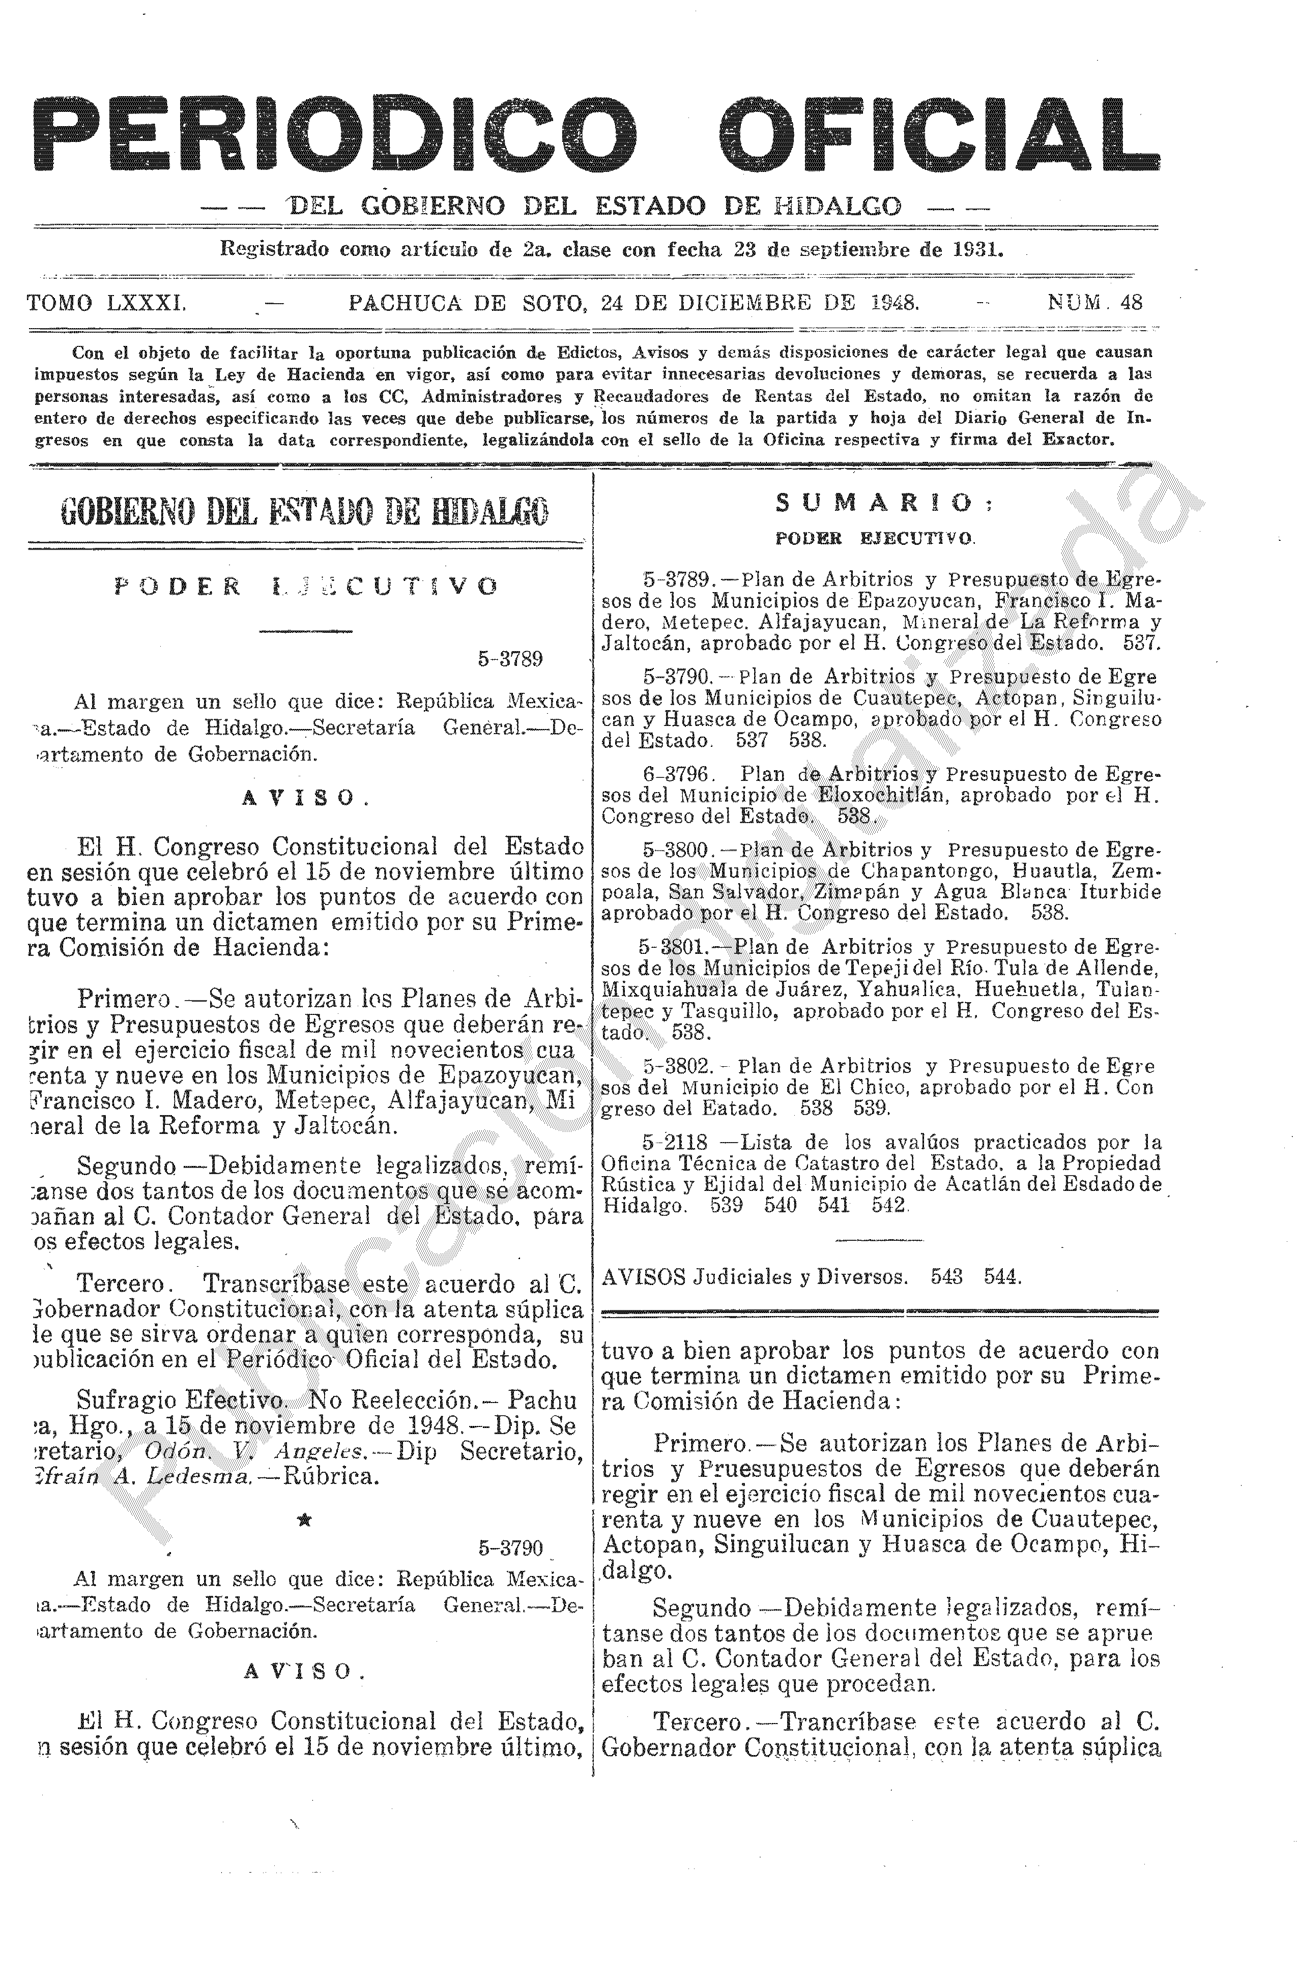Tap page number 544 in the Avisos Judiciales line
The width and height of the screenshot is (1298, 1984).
coord(1002,1277)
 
